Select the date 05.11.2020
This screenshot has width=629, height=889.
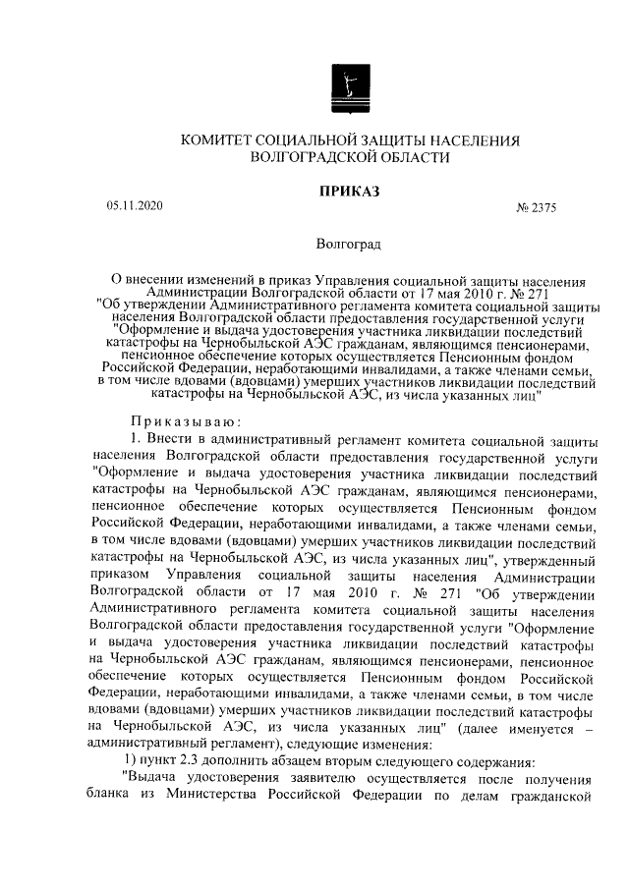(135, 206)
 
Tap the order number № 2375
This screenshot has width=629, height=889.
(536, 207)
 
